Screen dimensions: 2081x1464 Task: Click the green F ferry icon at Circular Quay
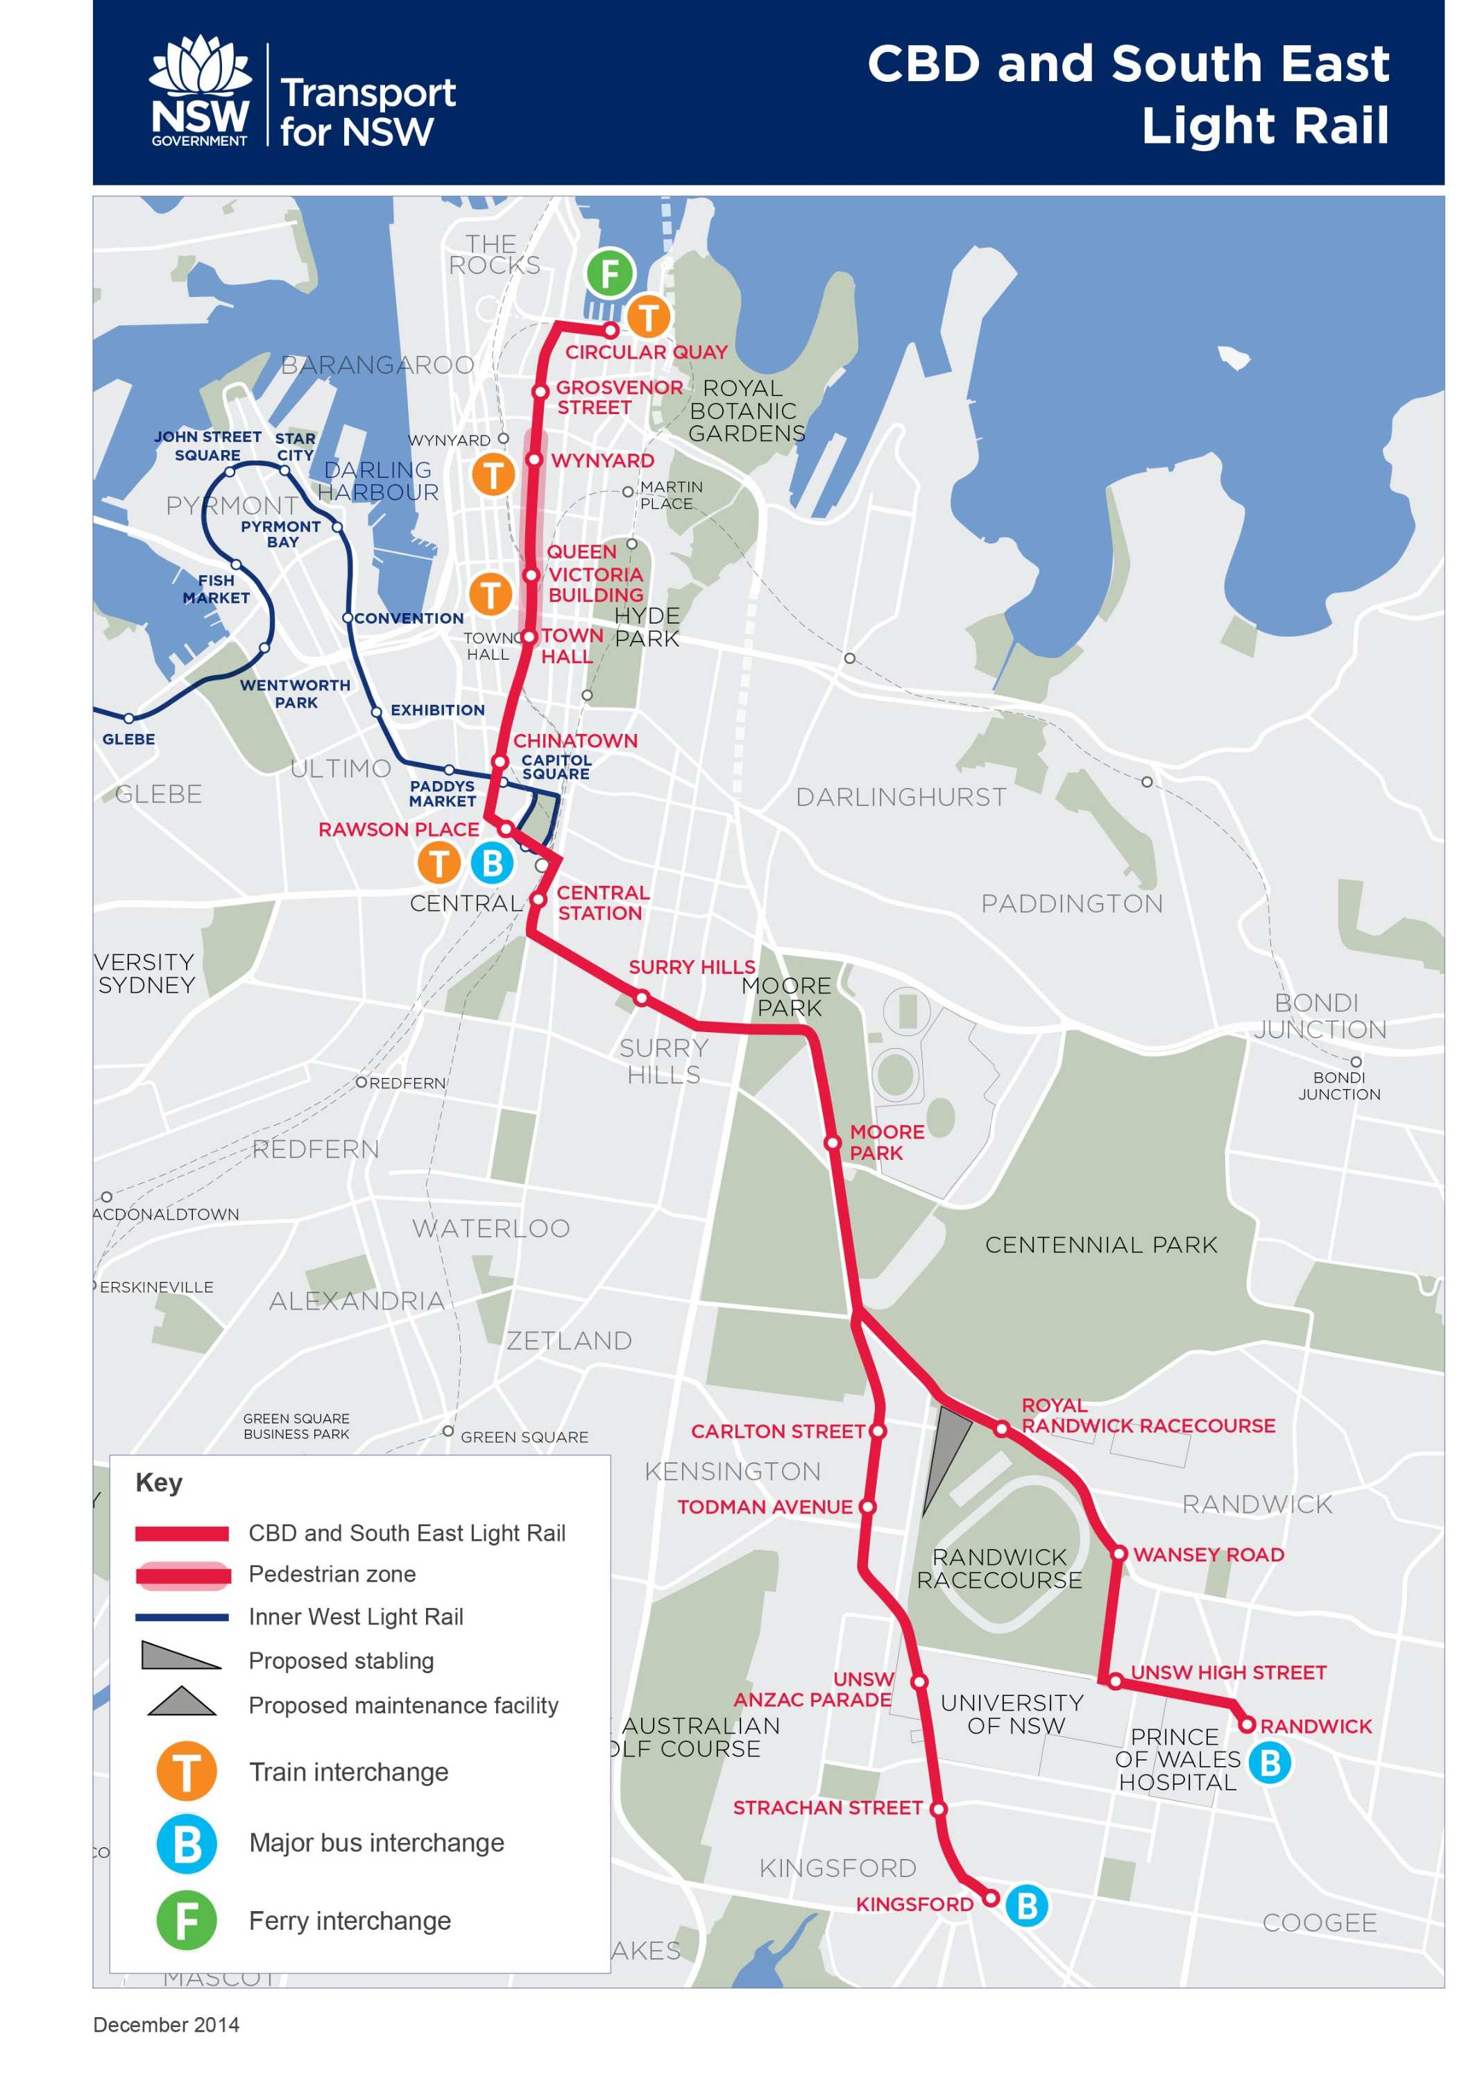coord(609,273)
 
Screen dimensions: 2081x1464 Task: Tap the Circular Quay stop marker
coord(611,330)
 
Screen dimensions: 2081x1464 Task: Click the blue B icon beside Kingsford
coord(1026,1906)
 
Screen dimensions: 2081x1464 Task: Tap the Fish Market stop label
coord(216,589)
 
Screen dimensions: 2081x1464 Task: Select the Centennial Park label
coord(1100,1244)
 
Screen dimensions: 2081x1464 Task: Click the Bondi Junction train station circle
coord(1355,1061)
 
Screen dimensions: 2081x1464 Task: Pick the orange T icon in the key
coord(187,1771)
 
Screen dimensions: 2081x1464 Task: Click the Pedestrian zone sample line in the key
coord(182,1576)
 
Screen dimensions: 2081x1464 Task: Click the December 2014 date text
coord(166,2025)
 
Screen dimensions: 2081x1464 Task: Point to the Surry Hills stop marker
coord(641,998)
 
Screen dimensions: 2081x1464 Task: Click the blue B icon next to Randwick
coord(1269,1763)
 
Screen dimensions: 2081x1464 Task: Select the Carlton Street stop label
coord(778,1431)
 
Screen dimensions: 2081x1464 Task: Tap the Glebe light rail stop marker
coord(129,719)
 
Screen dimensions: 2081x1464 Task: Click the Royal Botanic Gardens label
coord(746,411)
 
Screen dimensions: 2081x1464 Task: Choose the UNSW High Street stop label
coord(1227,1672)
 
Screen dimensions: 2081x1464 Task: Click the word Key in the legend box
coord(159,1483)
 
